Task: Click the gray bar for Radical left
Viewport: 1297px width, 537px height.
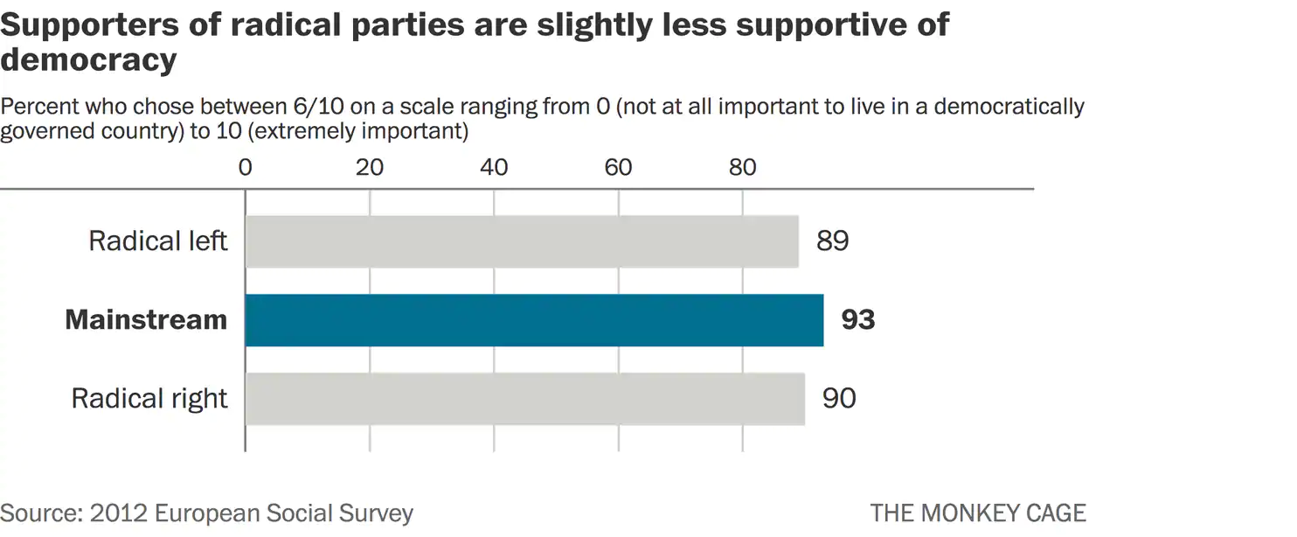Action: [x=522, y=241]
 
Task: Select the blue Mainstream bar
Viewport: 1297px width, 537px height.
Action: [x=534, y=320]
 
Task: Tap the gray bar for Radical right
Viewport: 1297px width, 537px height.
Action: [x=524, y=399]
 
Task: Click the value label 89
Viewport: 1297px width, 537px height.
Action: [x=832, y=241]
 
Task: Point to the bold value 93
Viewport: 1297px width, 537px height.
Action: [x=857, y=320]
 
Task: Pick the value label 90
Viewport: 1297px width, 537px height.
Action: [x=839, y=399]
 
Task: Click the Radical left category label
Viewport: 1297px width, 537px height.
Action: [x=158, y=241]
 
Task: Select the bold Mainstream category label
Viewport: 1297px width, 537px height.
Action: [x=146, y=320]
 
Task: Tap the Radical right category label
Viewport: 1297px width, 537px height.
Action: [x=149, y=399]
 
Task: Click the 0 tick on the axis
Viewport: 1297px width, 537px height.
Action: [x=246, y=167]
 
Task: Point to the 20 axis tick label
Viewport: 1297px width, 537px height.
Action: [x=370, y=167]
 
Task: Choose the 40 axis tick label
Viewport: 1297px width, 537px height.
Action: [x=494, y=167]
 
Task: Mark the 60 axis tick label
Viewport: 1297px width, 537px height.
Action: [x=618, y=167]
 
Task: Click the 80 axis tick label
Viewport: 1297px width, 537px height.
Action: [x=742, y=167]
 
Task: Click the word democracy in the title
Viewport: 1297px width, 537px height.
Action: [x=89, y=60]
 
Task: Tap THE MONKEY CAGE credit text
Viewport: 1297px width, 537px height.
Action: [x=978, y=513]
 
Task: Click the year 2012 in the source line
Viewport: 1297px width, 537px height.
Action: [x=114, y=513]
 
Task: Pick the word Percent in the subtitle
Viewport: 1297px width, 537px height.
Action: [x=39, y=108]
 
